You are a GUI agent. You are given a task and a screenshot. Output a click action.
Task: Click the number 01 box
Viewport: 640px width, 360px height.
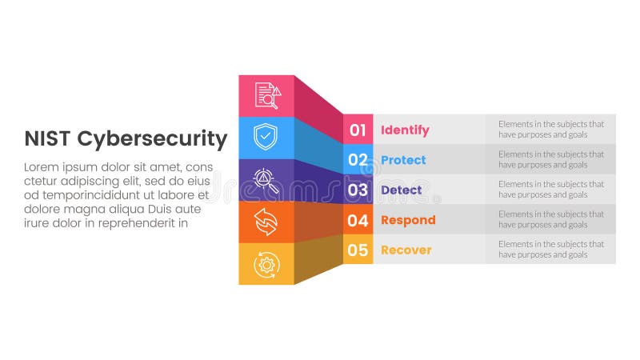(x=358, y=130)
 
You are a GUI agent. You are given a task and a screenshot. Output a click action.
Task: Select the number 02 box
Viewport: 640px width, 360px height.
(x=358, y=160)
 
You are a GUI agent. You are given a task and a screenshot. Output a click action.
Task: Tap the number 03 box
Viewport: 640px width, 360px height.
(x=358, y=190)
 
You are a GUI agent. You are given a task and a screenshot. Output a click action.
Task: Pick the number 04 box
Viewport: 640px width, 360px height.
(x=358, y=220)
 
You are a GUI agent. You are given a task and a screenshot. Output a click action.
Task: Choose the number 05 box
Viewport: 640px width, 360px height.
(x=358, y=250)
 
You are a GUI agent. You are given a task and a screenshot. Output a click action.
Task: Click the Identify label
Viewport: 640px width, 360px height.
(x=405, y=130)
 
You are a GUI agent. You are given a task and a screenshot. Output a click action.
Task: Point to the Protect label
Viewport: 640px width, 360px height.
(x=403, y=160)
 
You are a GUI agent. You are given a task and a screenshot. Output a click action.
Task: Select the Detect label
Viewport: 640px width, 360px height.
(x=402, y=190)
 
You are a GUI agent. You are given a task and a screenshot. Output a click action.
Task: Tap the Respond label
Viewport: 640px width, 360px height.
(x=408, y=220)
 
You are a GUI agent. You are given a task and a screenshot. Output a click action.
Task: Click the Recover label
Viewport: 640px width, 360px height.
(x=406, y=250)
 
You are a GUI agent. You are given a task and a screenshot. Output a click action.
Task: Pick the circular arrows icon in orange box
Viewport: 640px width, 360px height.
(x=265, y=222)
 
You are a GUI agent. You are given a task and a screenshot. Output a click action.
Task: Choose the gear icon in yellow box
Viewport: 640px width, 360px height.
(x=265, y=264)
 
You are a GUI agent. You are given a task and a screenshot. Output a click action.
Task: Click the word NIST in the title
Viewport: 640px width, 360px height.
(x=47, y=138)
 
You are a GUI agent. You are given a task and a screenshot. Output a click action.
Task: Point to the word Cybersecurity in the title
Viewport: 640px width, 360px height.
(x=152, y=139)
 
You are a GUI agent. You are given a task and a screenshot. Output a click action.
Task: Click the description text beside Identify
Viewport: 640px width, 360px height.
(x=551, y=130)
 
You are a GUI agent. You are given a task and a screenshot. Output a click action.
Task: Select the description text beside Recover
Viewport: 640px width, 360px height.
(x=551, y=250)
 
